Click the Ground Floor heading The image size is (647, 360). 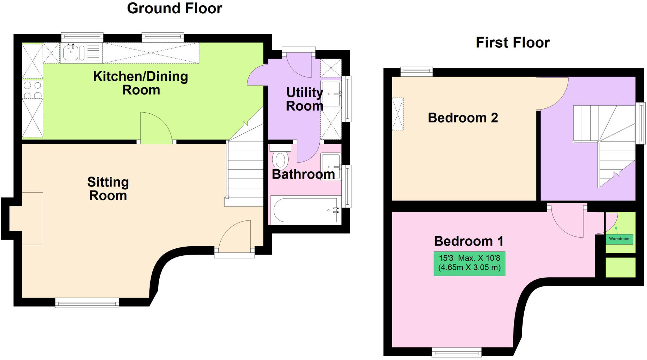(x=174, y=8)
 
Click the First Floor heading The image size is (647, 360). (x=512, y=43)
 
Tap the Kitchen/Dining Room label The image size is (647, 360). (x=140, y=83)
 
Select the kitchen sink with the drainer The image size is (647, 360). (x=81, y=53)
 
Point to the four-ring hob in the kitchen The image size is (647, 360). (x=32, y=90)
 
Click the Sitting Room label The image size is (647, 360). (x=108, y=189)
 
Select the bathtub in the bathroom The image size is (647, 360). (x=304, y=210)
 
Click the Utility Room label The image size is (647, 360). (x=304, y=99)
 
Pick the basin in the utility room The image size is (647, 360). (x=330, y=94)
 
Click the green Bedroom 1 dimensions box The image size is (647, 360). (x=469, y=263)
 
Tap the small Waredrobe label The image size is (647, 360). (x=619, y=239)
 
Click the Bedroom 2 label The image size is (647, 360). (x=463, y=118)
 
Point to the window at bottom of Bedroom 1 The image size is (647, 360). (x=456, y=352)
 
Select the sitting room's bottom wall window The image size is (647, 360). (x=87, y=303)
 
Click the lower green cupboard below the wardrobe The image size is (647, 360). (x=621, y=268)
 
